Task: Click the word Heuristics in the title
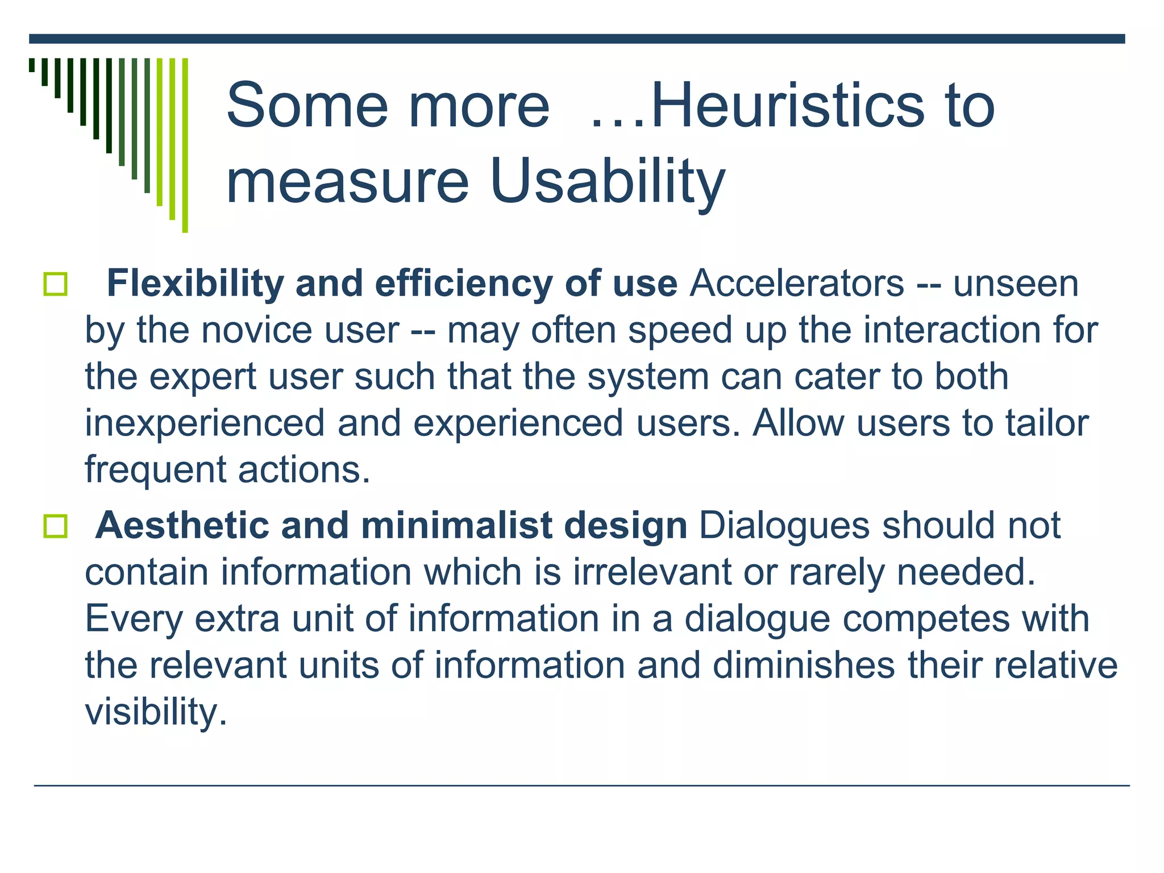point(787,106)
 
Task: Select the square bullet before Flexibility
point(55,284)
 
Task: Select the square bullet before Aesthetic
point(55,526)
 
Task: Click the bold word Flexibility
point(195,283)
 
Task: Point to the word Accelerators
point(796,283)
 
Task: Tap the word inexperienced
point(205,423)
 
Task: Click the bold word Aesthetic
point(182,525)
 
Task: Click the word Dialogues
point(784,525)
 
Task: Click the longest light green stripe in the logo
point(185,145)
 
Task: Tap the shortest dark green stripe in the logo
point(32,65)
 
